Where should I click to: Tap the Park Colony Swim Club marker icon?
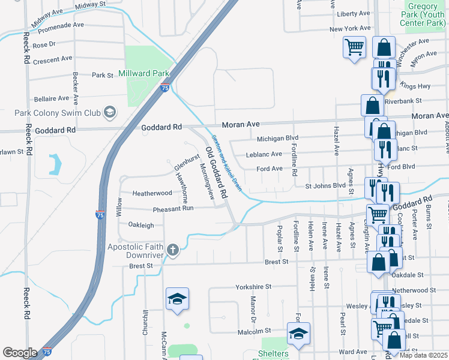109,112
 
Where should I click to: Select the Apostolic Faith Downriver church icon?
173,250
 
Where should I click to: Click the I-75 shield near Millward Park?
165,88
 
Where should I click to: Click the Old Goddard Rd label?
217,173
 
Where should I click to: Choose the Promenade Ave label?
59,25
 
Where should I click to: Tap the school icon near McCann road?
178,299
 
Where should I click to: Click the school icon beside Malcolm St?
298,334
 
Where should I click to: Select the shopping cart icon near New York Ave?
354,47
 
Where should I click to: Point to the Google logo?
20,353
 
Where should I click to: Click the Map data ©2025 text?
424,355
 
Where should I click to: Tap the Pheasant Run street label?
173,209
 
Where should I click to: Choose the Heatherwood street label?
152,193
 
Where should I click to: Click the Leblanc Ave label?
264,154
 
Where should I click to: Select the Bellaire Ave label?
51,98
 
